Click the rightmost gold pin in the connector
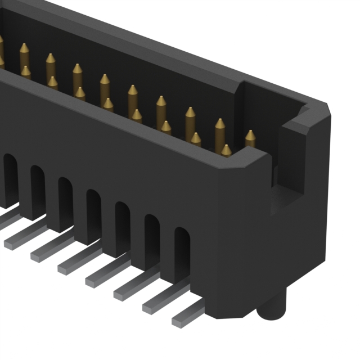point(250,138)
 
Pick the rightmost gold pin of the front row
point(226,150)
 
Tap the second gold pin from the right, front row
point(196,139)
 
